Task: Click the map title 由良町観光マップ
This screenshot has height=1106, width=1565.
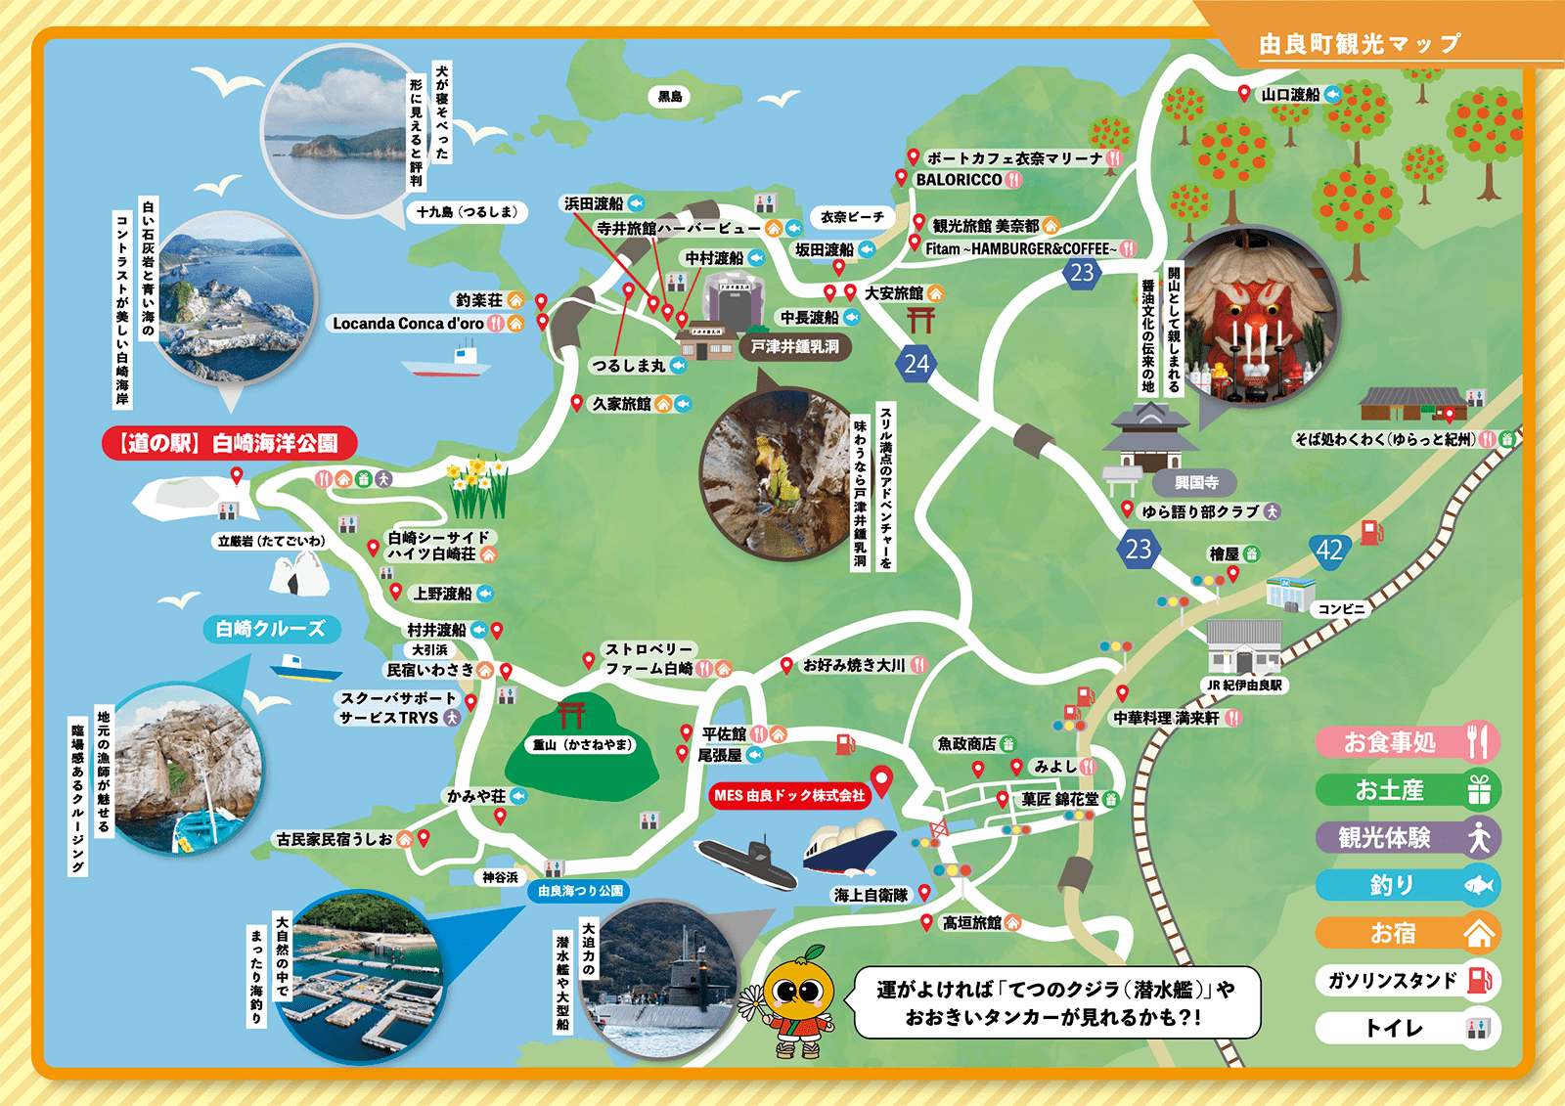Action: pyautogui.click(x=1359, y=44)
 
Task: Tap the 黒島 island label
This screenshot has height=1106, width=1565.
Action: pyautogui.click(x=670, y=96)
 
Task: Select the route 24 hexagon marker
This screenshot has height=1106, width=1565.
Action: pyautogui.click(x=917, y=364)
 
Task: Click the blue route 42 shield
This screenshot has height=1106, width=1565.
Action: pyautogui.click(x=1329, y=551)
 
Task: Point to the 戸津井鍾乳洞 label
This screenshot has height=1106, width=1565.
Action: pyautogui.click(x=794, y=346)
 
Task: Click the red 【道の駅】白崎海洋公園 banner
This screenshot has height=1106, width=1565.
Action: pyautogui.click(x=229, y=443)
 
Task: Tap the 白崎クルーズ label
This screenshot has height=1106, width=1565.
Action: pyautogui.click(x=271, y=629)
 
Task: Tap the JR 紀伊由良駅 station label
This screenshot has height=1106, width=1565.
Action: pyautogui.click(x=1244, y=685)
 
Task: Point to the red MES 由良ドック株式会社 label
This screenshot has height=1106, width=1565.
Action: pyautogui.click(x=789, y=795)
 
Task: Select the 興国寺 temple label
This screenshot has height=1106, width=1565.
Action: pyautogui.click(x=1196, y=482)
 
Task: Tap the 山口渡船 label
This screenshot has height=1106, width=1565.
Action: pyautogui.click(x=1290, y=95)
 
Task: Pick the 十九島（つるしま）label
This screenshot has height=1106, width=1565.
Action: pyautogui.click(x=467, y=212)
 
